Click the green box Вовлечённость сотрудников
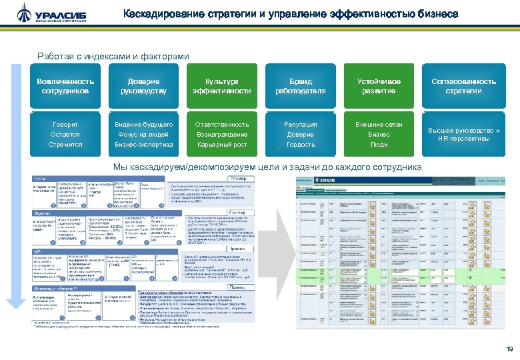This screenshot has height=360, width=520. coord(65,85)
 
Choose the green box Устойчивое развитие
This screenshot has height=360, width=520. coord(379,85)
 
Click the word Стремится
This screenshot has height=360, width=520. coord(65,144)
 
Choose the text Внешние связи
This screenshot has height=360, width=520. coord(379,125)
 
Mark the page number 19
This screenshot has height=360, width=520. coord(509,349)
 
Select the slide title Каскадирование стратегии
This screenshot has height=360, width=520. coord(291,14)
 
